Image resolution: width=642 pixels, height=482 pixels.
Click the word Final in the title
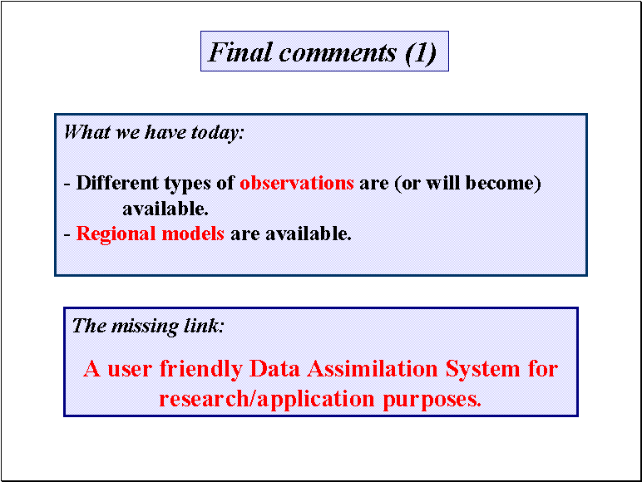click(x=240, y=52)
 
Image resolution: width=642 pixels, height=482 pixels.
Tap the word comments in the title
click(x=338, y=53)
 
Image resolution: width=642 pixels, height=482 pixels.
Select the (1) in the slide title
click(x=421, y=53)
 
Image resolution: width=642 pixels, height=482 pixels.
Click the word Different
click(x=117, y=183)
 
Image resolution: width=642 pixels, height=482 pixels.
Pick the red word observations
click(x=297, y=183)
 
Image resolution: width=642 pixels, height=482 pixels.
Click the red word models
click(x=193, y=234)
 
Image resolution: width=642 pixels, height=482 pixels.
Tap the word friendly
click(x=201, y=370)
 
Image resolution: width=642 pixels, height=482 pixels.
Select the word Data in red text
click(x=274, y=368)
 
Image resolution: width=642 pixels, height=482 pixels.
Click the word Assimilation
click(x=373, y=368)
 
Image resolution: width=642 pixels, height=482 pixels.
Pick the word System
click(x=482, y=370)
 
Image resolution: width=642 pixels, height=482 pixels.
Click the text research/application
click(x=267, y=399)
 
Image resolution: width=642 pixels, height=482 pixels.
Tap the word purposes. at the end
click(x=432, y=400)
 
